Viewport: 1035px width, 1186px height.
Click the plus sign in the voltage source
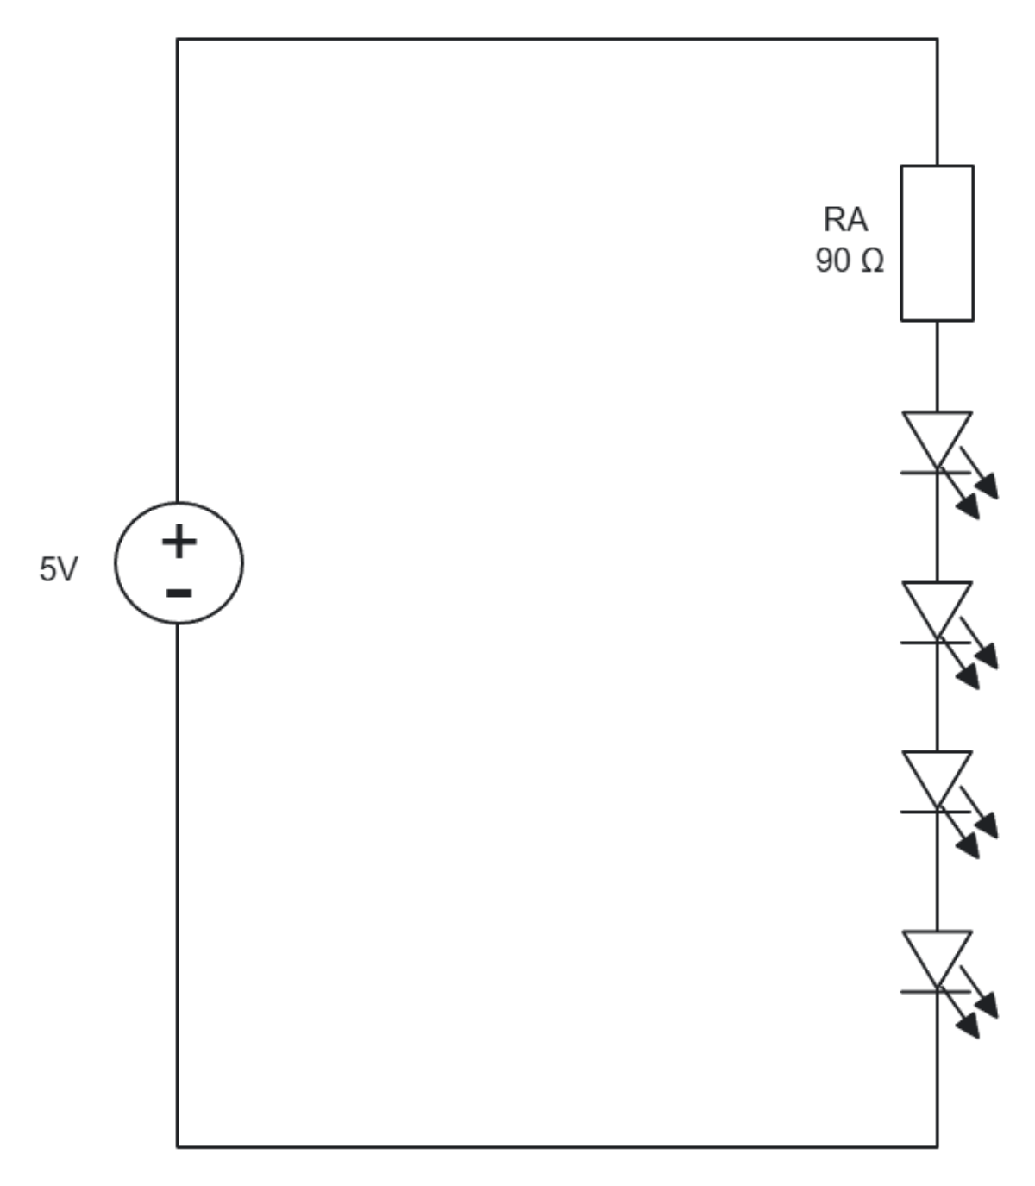coord(179,543)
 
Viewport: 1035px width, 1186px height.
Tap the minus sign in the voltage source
coord(179,593)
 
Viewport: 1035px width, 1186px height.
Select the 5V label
coord(58,570)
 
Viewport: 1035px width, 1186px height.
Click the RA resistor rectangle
coord(938,243)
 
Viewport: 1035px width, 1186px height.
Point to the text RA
coord(845,220)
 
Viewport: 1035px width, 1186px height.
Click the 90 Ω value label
coord(850,260)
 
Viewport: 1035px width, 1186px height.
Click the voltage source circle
coord(179,562)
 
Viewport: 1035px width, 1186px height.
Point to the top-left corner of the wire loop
coord(178,39)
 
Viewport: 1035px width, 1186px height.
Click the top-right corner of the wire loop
coord(938,39)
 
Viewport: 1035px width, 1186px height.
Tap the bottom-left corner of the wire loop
coord(178,1146)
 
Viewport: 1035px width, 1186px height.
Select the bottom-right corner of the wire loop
coord(938,1146)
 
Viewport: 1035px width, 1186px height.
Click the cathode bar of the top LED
coord(936,472)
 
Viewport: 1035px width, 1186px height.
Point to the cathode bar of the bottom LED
coord(936,991)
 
